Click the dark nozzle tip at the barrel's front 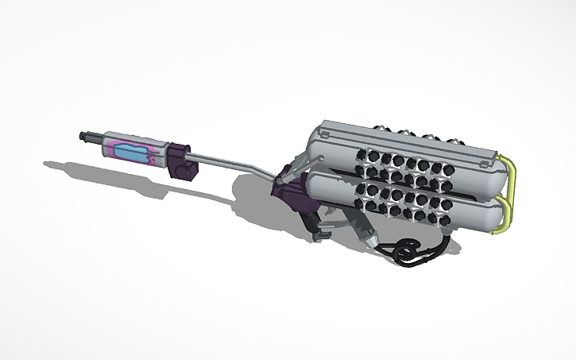tap(85, 137)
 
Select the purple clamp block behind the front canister tap(180, 160)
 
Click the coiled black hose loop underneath tap(406, 251)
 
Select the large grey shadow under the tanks tap(262, 199)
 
